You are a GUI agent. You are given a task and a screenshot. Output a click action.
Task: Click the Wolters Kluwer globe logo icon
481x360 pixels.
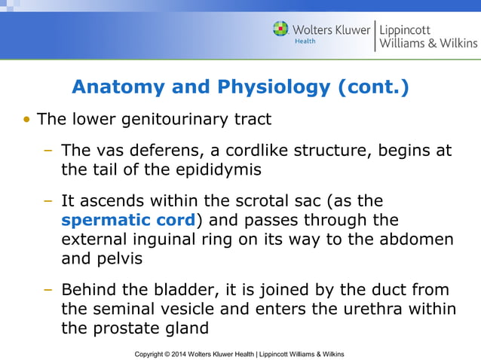click(281, 29)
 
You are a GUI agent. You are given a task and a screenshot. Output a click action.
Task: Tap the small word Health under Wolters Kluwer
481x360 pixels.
click(305, 41)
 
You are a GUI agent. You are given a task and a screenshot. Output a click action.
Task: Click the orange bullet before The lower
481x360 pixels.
click(28, 120)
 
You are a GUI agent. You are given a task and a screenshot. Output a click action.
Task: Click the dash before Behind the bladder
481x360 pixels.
click(47, 290)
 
